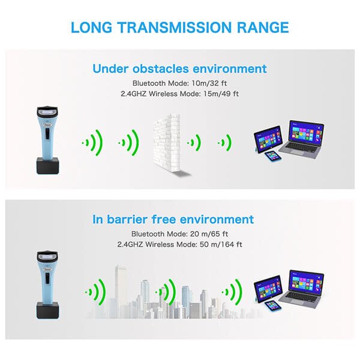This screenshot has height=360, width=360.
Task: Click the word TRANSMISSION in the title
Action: [175, 28]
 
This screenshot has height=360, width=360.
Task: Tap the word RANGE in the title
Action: [263, 28]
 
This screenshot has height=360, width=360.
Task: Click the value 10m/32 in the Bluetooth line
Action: [205, 83]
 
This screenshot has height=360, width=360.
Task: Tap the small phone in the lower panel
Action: [272, 306]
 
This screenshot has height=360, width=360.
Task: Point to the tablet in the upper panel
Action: [268, 139]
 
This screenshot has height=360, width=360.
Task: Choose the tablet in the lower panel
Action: [268, 289]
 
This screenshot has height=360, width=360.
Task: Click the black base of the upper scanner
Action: [48, 166]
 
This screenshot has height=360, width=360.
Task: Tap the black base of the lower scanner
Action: [47, 310]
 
